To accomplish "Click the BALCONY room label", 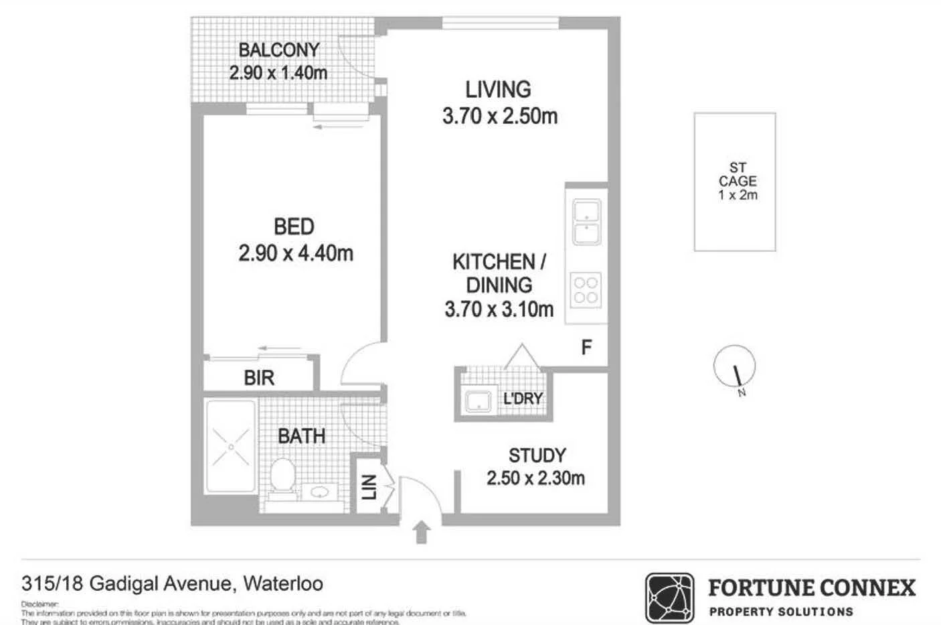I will pos(278,50).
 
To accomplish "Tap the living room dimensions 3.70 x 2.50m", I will pos(499,116).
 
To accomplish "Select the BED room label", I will pos(294,227).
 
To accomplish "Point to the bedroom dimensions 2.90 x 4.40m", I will pos(295,253).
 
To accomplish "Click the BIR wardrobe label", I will pos(259,378).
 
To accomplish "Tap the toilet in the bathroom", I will pos(283,476).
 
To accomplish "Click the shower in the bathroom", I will pos(230,445).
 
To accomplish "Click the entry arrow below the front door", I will pos(421,533).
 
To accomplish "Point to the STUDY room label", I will pos(537,456).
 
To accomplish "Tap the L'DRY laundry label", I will pos(522,399).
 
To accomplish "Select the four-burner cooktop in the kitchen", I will pos(586,290).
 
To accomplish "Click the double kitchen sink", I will pos(586,222).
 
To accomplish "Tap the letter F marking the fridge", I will pos(586,347).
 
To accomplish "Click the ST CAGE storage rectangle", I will pos(735,182).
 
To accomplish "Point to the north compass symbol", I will pos(735,368).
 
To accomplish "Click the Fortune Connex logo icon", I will pos(669,598).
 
